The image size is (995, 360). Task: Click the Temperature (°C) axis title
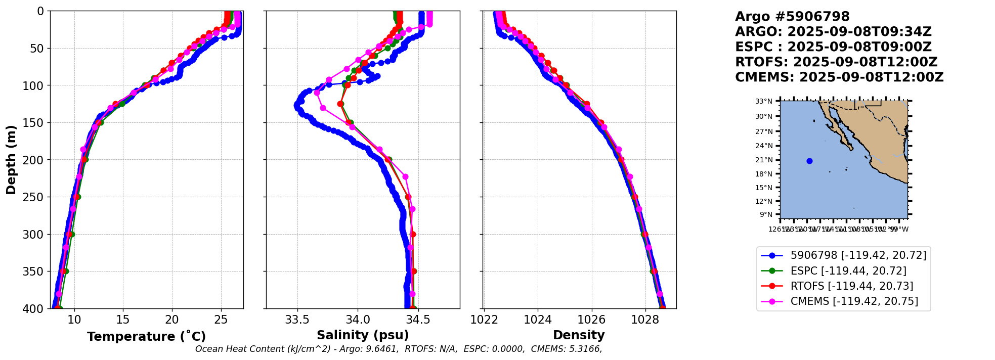tap(146, 337)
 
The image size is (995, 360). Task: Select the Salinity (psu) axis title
tap(363, 335)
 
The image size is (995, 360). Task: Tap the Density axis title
tap(579, 335)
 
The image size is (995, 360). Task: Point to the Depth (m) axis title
tap(11, 160)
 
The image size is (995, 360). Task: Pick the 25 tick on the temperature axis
tap(221, 320)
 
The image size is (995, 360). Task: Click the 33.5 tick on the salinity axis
tap(297, 320)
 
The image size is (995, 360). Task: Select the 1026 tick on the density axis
tap(591, 320)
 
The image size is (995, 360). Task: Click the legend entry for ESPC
tap(848, 271)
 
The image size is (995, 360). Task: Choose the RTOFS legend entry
tap(851, 286)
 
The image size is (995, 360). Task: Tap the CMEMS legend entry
tap(854, 301)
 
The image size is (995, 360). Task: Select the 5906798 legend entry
tap(858, 255)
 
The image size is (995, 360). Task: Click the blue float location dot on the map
tap(809, 161)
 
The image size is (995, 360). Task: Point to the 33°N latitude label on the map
tap(764, 102)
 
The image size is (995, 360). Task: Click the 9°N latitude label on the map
tap(766, 214)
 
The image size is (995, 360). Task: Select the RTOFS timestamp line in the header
tap(836, 62)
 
